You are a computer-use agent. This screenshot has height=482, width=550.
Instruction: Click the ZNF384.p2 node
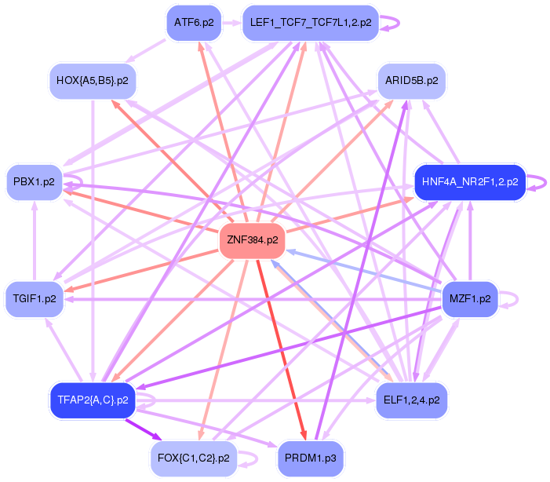pos(252,239)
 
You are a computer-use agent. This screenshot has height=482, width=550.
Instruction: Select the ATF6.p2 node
pos(193,23)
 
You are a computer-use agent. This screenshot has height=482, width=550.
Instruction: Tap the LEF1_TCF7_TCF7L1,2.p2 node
pos(311,23)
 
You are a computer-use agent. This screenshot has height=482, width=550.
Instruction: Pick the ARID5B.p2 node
pos(412,80)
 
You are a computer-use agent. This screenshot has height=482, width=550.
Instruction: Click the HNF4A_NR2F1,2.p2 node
pos(469,181)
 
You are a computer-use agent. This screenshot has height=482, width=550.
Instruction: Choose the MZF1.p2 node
pos(469,299)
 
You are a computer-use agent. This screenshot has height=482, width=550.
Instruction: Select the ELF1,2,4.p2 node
pos(412,400)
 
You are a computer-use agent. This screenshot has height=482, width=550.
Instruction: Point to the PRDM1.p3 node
pos(311,458)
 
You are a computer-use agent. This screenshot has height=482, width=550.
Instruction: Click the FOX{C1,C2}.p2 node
pos(193,458)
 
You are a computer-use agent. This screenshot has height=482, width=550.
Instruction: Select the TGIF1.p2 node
pos(35,299)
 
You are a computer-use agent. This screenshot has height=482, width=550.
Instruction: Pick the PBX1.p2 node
pos(35,181)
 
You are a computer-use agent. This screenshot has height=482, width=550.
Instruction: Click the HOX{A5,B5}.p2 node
pos(92,80)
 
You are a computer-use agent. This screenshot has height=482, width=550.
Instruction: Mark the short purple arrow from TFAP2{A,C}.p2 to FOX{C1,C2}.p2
pos(144,429)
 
